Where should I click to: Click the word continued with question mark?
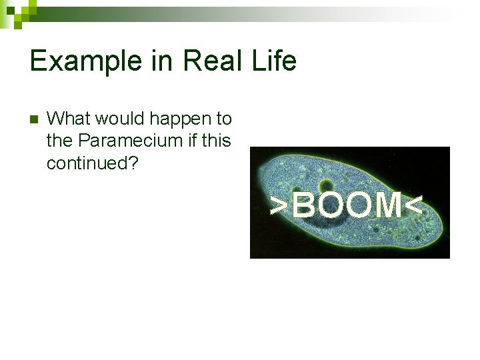point(92,163)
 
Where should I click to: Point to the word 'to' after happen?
point(223,120)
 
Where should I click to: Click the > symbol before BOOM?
point(279,205)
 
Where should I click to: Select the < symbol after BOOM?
point(414,205)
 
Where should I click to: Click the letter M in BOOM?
point(387,205)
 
